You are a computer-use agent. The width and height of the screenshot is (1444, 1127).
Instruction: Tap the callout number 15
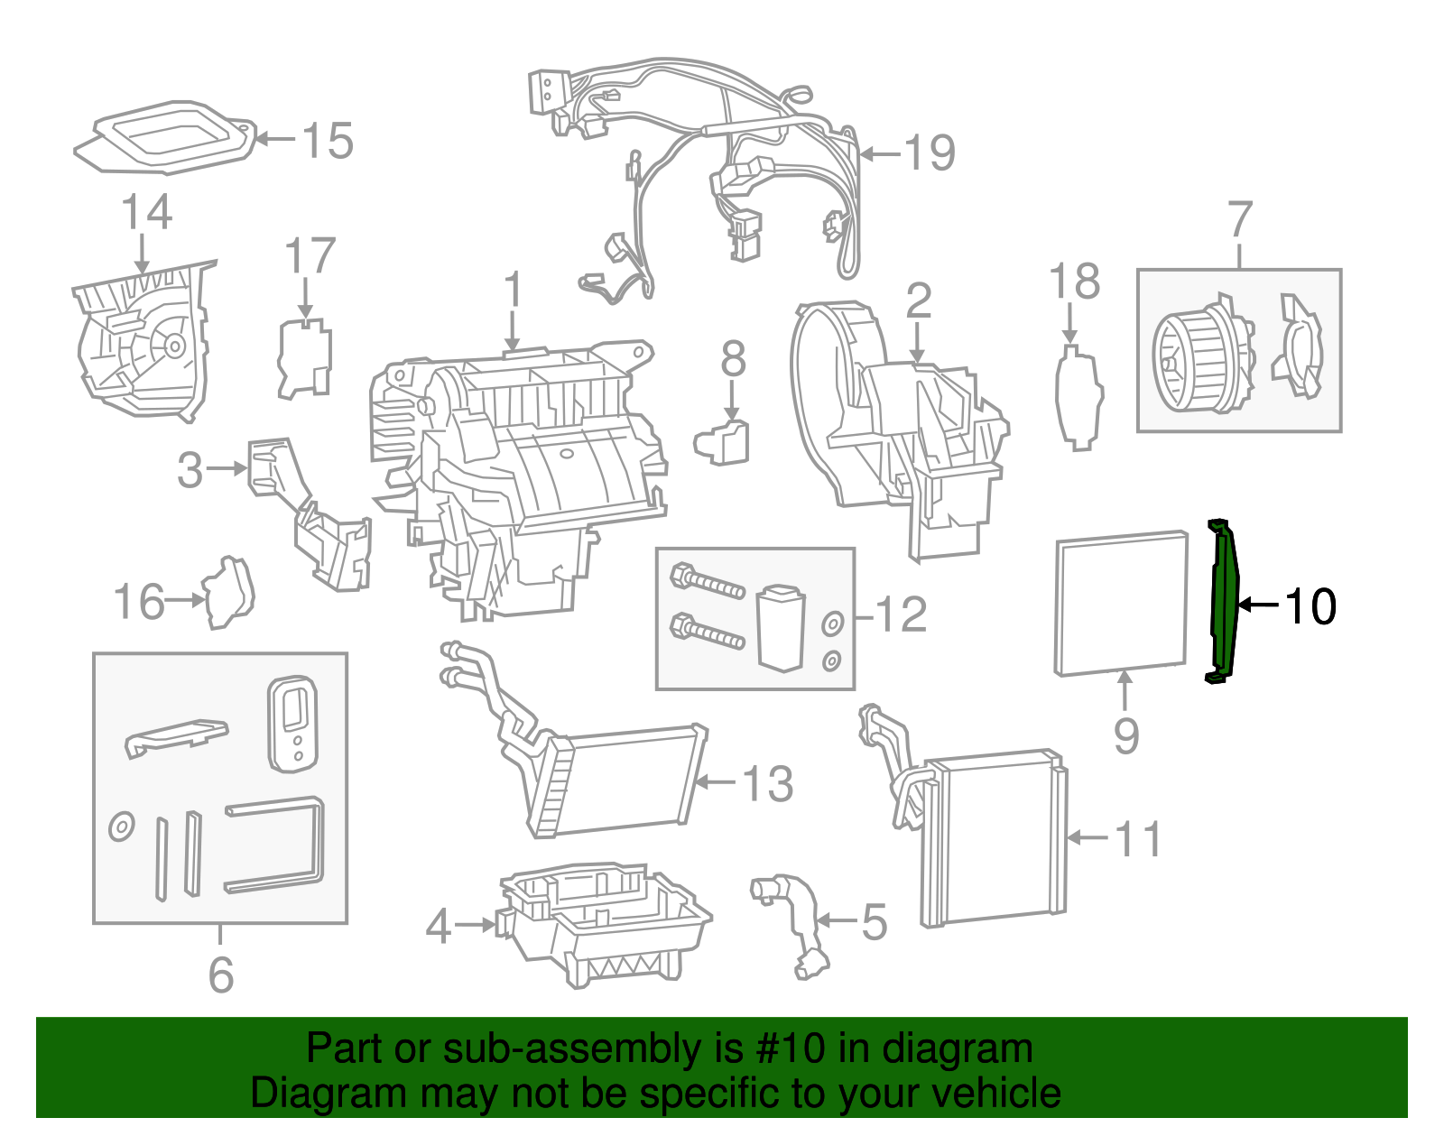point(327,141)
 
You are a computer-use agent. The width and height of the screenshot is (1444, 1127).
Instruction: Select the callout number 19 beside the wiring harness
point(930,152)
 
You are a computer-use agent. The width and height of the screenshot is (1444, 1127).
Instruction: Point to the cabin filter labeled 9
point(1121,603)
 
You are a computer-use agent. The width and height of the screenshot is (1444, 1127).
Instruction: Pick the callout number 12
point(901,615)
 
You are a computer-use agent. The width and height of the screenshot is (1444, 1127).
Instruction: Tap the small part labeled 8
point(723,442)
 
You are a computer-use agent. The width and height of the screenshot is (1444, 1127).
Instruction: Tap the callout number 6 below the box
point(221,975)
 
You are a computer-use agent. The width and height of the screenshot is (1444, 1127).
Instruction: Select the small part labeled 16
point(229,592)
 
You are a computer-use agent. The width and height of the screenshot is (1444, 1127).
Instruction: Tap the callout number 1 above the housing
point(514,291)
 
